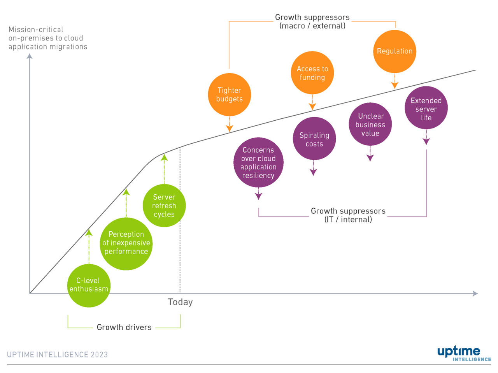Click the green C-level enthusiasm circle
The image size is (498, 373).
click(x=89, y=285)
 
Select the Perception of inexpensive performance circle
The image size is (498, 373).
click(x=126, y=243)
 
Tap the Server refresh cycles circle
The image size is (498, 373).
click(x=164, y=206)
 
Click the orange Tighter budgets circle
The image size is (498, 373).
click(x=230, y=95)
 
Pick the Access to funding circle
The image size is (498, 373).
click(x=312, y=73)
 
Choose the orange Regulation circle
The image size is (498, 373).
click(x=395, y=51)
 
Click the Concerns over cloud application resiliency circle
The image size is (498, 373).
click(x=258, y=162)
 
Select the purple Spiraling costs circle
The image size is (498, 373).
click(x=314, y=139)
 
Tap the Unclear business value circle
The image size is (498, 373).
click(x=370, y=125)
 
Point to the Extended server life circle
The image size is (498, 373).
click(x=426, y=108)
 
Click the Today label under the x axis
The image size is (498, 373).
click(x=180, y=302)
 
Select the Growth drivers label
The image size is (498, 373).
click(x=124, y=327)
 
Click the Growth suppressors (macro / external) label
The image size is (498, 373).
click(x=312, y=22)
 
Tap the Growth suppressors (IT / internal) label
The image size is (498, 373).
click(x=348, y=215)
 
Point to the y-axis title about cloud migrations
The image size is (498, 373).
click(x=48, y=38)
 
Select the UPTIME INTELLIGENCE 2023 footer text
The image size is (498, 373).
click(x=57, y=355)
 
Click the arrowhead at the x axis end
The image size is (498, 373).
click(x=475, y=293)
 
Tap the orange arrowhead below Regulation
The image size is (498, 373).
click(x=395, y=85)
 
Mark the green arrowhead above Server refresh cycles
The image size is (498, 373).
click(x=164, y=158)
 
